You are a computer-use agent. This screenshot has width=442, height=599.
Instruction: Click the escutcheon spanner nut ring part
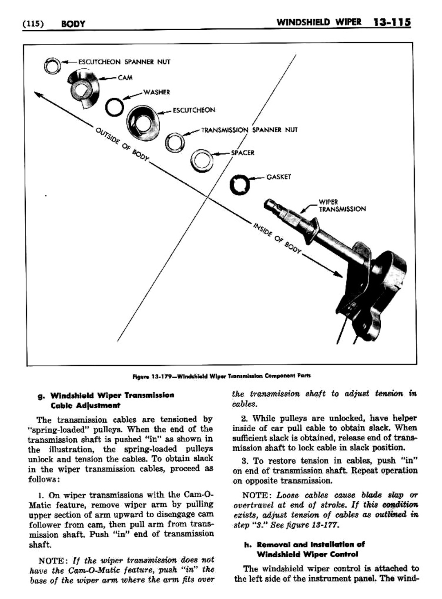[x=52, y=65]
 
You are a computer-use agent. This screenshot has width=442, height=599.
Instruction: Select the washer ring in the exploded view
[x=114, y=108]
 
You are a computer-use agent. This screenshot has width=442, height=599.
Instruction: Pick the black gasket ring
[x=240, y=185]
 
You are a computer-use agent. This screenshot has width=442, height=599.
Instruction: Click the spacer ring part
[x=201, y=159]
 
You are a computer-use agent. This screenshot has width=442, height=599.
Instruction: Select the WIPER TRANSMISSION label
[x=342, y=205]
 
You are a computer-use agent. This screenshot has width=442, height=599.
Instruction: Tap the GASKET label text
[x=279, y=177]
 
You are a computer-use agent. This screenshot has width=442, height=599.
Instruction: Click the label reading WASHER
[x=156, y=92]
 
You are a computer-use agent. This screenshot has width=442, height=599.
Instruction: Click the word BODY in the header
[x=73, y=24]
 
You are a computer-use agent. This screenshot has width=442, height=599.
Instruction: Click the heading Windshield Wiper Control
[x=307, y=554]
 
